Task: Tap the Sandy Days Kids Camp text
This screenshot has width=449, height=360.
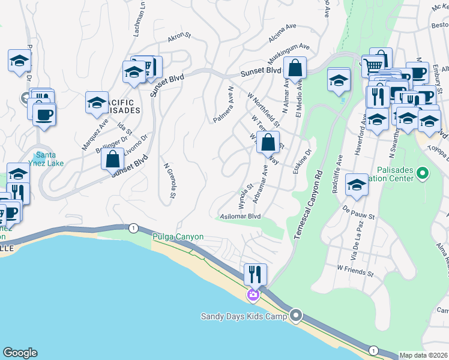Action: tap(244, 316)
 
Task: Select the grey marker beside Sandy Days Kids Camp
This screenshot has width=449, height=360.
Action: tap(295, 315)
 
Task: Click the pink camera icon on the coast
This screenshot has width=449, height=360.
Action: tap(253, 294)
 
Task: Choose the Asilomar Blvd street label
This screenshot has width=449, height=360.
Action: tap(240, 216)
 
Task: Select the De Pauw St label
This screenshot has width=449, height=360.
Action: tap(358, 214)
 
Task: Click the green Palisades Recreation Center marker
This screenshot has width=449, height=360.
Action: tap(423, 174)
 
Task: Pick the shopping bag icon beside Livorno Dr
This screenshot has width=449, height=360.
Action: tap(112, 160)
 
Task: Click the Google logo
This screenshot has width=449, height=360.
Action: tap(20, 353)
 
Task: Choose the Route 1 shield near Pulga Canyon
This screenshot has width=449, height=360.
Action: tap(133, 228)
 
